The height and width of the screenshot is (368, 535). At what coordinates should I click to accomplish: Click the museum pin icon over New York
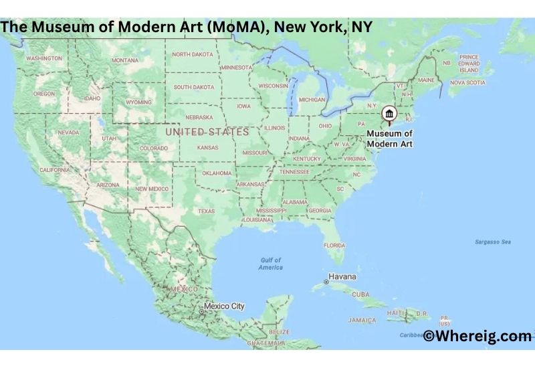389,115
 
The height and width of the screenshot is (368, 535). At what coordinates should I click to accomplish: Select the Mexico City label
224,306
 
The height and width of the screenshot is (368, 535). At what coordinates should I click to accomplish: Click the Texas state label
206,211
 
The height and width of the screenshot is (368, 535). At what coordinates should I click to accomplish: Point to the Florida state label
334,246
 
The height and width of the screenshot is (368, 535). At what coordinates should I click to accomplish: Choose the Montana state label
125,60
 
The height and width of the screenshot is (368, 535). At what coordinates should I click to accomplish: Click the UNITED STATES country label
207,132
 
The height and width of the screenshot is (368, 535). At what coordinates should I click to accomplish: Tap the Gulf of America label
271,264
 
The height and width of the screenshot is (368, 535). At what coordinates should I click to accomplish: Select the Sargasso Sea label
492,242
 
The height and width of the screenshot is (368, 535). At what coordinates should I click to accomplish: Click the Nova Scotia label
467,82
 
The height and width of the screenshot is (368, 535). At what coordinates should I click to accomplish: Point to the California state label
55,170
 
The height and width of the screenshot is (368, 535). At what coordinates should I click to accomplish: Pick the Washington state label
44,58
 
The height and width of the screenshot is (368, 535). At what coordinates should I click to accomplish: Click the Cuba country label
360,294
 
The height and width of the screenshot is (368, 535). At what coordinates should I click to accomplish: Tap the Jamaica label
362,320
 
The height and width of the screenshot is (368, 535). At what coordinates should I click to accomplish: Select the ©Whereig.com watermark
477,336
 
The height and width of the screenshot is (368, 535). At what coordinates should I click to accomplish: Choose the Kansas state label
207,147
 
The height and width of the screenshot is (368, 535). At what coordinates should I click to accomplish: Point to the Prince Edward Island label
469,64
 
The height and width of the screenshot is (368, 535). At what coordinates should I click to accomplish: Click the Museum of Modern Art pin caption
389,139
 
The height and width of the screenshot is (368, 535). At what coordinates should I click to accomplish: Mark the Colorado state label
153,148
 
